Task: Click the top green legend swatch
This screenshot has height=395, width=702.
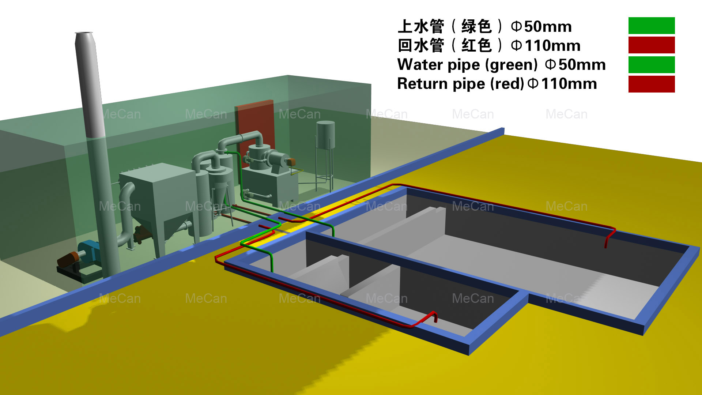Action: [x=651, y=26]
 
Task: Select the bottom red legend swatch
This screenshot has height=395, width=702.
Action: [x=651, y=84]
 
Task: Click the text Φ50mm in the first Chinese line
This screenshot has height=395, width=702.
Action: [x=541, y=27]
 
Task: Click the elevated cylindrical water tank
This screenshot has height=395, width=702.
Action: [x=325, y=135]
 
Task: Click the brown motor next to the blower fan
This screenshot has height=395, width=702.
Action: [x=68, y=259]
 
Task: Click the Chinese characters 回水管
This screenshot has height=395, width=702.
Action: [x=420, y=46]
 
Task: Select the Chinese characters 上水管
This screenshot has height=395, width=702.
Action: [x=420, y=27]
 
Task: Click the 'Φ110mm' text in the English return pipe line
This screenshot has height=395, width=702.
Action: [x=563, y=84]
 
